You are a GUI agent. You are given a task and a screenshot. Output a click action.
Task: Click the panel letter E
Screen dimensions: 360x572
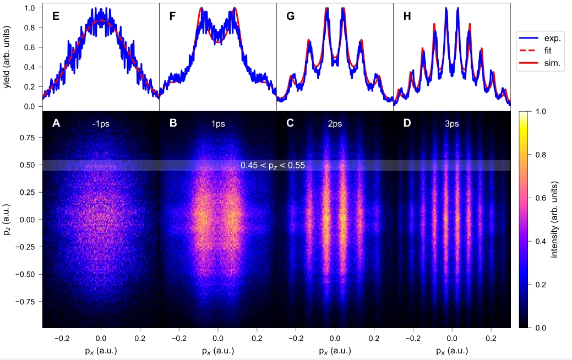[x=56, y=16]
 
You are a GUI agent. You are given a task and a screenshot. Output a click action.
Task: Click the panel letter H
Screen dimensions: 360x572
[x=407, y=16]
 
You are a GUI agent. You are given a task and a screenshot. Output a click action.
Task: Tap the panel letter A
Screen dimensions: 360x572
[x=56, y=123]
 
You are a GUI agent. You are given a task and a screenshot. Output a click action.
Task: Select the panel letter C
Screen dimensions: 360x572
[x=290, y=123]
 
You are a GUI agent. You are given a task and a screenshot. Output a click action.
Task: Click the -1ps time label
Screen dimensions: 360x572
[x=101, y=124]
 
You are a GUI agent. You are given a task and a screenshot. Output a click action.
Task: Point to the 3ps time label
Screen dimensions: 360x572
[x=452, y=124]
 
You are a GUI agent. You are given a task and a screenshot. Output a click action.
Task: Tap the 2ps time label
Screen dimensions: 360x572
[x=335, y=124]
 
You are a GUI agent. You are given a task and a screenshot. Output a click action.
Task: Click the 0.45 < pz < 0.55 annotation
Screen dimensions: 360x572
[x=273, y=165]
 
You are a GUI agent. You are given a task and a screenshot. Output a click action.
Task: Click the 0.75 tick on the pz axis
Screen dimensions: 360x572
[x=28, y=138]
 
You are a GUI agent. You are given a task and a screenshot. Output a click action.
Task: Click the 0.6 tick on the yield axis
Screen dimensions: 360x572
[x=31, y=47]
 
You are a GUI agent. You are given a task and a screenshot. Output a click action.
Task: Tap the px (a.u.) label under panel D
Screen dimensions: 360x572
[x=452, y=350]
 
